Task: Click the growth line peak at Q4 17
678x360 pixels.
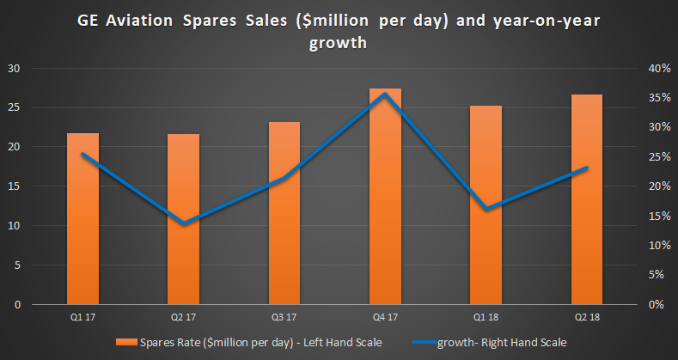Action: pyautogui.click(x=385, y=94)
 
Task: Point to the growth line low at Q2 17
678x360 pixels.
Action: pyautogui.click(x=183, y=223)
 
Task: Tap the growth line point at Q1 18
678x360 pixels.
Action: pyautogui.click(x=486, y=209)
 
